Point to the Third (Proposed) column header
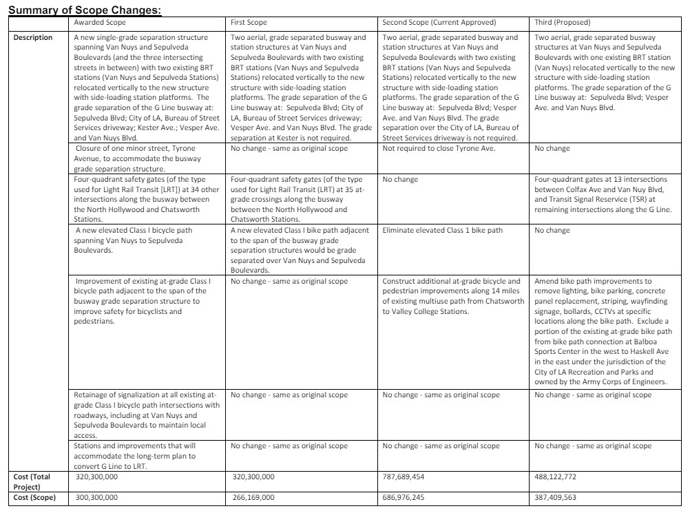(x=563, y=23)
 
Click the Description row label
(x=33, y=37)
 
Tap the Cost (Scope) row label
(x=34, y=496)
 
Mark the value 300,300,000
(x=96, y=496)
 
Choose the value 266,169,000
(x=253, y=496)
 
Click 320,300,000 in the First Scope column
(x=253, y=476)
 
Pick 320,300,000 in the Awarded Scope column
(x=96, y=476)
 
